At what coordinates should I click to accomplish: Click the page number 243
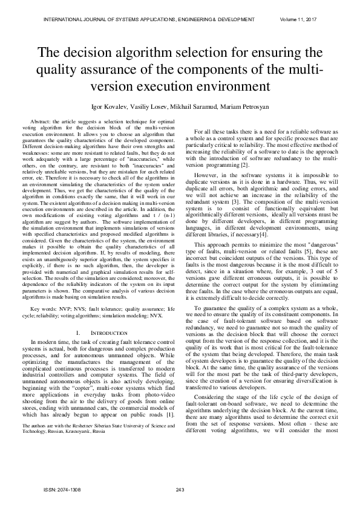coord(180,489)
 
